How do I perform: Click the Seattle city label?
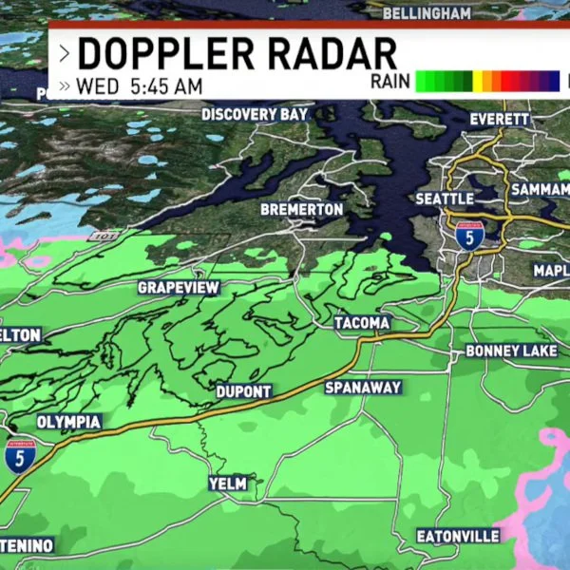tap(445, 199)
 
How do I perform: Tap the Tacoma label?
tap(362, 323)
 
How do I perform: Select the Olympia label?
tap(68, 422)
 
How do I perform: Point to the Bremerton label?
tap(301, 208)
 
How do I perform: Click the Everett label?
tap(500, 120)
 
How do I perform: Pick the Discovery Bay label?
tap(255, 115)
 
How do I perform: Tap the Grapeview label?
tap(179, 287)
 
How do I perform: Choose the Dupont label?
tap(244, 391)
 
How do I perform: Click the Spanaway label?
tap(363, 388)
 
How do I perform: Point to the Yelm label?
tap(227, 484)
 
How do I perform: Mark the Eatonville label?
tap(458, 537)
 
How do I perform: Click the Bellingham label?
tap(427, 13)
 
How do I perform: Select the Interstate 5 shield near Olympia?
tap(16, 456)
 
